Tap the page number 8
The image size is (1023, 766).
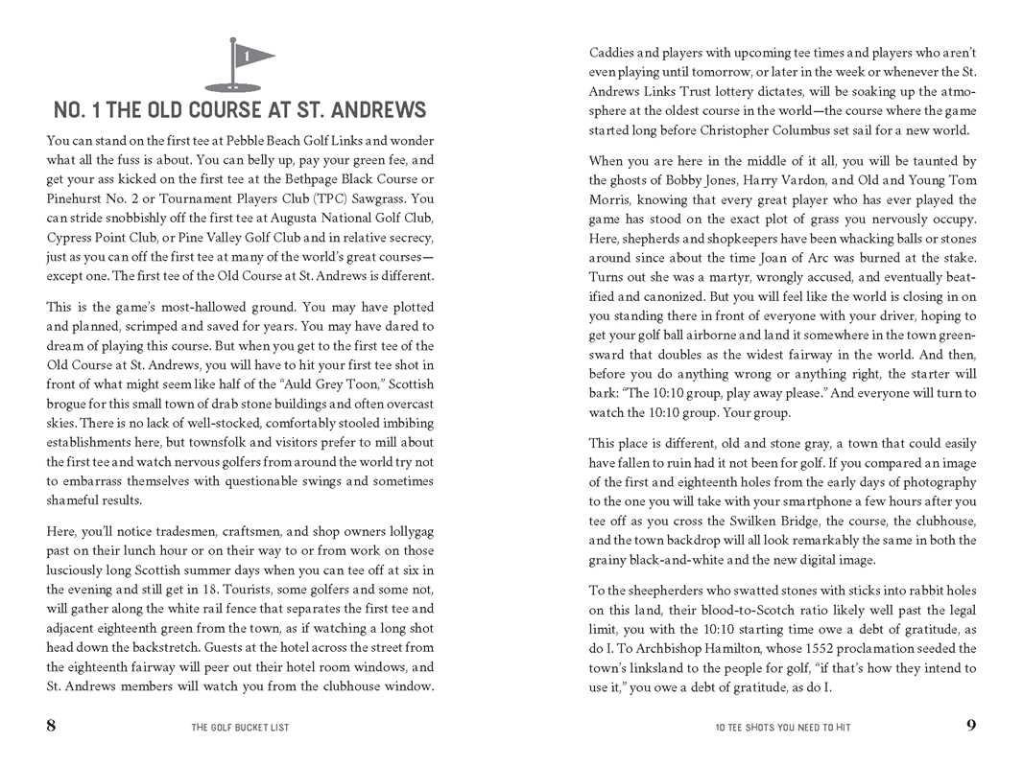[51, 726]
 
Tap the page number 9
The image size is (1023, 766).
[971, 726]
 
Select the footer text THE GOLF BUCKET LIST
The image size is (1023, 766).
[240, 728]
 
